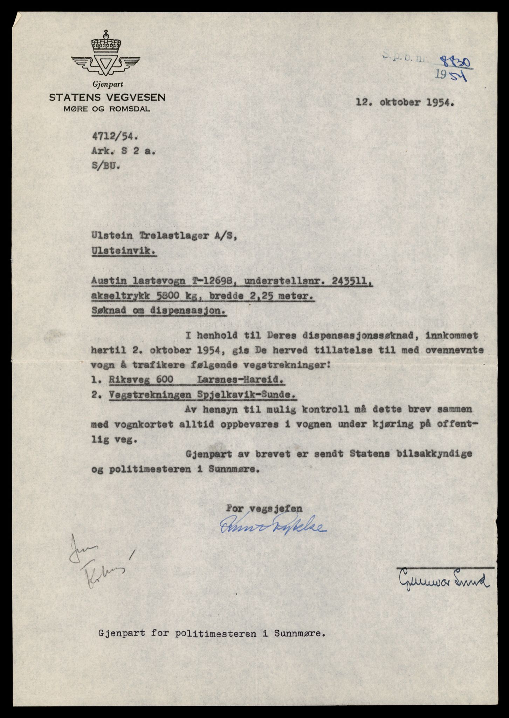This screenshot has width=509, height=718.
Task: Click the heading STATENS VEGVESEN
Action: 107,97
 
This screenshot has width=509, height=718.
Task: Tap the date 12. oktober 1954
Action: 405,103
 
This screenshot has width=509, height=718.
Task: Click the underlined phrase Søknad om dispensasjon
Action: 159,311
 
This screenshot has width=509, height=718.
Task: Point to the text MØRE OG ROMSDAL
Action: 107,109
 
